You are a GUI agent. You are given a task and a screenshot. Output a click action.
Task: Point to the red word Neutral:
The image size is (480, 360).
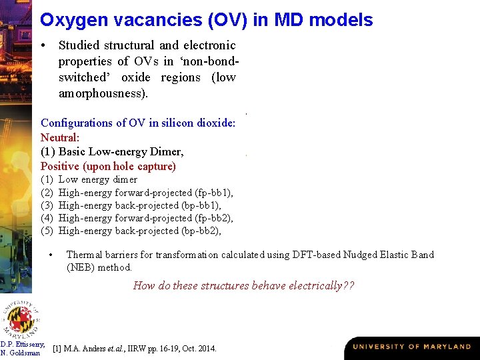[x=60, y=137]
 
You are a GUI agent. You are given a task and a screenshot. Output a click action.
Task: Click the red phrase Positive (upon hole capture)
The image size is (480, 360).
[x=108, y=166]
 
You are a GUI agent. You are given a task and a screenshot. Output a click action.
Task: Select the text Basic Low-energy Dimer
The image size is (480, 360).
[x=121, y=151]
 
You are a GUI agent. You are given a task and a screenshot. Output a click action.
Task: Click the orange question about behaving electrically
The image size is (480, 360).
[x=243, y=286]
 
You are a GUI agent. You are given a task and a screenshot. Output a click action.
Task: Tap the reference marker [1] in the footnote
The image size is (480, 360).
[x=57, y=348]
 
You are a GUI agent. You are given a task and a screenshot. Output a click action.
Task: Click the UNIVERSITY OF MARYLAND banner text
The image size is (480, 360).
[x=411, y=347]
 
